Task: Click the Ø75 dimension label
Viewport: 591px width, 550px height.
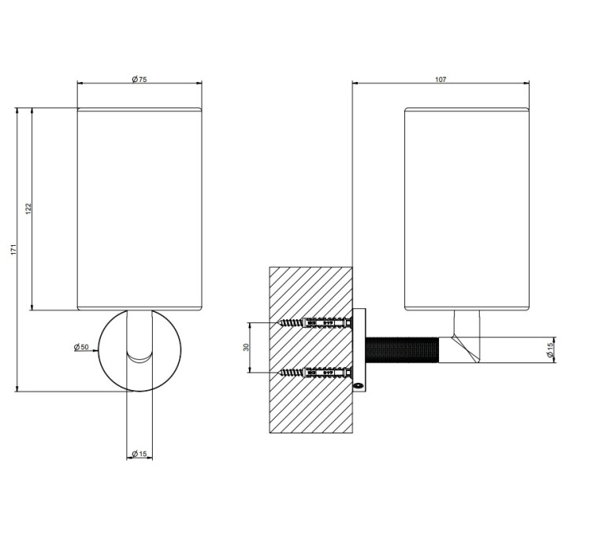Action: coord(139,79)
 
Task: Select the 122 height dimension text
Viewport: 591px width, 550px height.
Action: coord(28,209)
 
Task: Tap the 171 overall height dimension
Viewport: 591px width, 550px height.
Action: coord(13,250)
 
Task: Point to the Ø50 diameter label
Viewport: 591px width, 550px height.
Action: coord(81,347)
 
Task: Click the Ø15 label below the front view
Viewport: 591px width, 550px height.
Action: coord(139,454)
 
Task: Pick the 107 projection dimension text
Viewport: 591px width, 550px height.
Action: coord(440,79)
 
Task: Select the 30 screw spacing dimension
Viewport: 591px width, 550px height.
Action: coord(247,347)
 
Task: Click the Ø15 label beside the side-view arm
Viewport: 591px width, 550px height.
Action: coord(550,350)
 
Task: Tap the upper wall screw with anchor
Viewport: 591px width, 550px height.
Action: coord(315,323)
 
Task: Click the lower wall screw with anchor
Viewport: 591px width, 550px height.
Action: coord(315,373)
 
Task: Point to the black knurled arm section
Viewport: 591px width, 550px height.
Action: coord(402,350)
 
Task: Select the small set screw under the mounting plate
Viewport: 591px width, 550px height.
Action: coord(358,385)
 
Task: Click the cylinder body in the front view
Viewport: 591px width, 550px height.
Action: coord(139,209)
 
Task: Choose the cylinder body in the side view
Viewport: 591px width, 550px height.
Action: coord(466,209)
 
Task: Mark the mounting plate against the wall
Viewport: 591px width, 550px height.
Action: coord(359,350)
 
